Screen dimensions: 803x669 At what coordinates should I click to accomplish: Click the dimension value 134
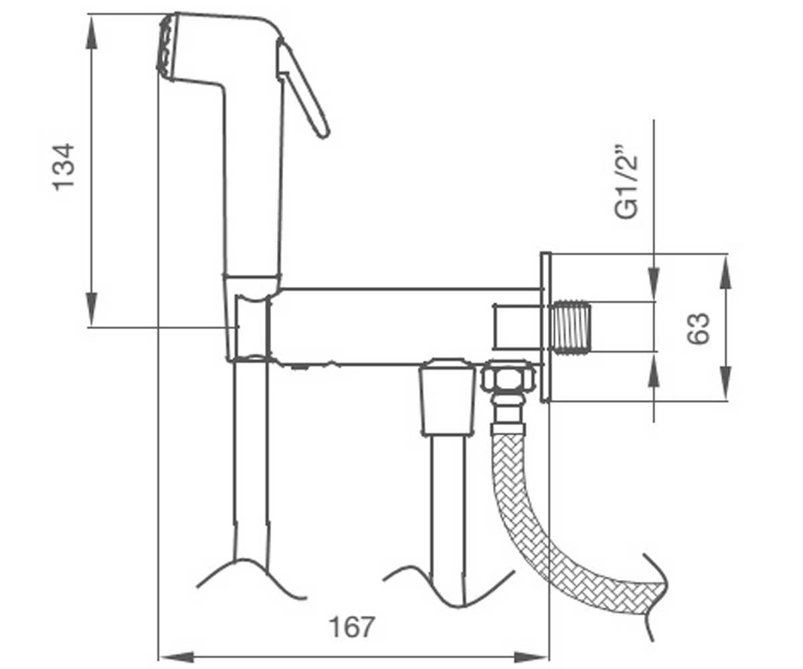[x=63, y=167]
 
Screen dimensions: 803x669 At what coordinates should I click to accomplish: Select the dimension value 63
[x=698, y=328]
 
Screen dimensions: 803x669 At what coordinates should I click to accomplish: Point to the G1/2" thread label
[x=626, y=182]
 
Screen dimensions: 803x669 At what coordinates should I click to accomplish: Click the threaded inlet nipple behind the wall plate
[x=571, y=328]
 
